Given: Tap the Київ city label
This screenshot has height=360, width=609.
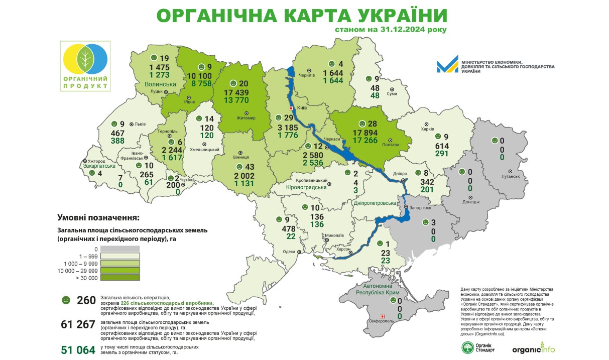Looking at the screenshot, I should coord(301,108).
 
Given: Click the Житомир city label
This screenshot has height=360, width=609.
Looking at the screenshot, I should coord(246,118).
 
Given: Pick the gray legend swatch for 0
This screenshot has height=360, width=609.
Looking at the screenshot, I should coord(119,249).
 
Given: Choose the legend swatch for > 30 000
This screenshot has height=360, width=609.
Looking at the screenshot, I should coord(119,277).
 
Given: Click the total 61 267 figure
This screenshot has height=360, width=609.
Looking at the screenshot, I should coord(78,324).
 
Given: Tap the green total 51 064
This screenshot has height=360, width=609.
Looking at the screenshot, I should coord(78,349).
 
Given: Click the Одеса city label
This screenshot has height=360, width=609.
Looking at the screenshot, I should coord(289,253).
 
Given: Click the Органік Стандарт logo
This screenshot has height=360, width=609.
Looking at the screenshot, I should coord(477,347).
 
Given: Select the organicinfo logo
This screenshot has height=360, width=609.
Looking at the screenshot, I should coord(533,348).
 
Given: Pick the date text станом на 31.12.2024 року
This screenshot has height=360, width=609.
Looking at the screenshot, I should coord(390,29).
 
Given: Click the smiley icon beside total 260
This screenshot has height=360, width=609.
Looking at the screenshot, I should coord(65,300).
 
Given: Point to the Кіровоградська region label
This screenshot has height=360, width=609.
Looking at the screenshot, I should coord(306,187).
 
